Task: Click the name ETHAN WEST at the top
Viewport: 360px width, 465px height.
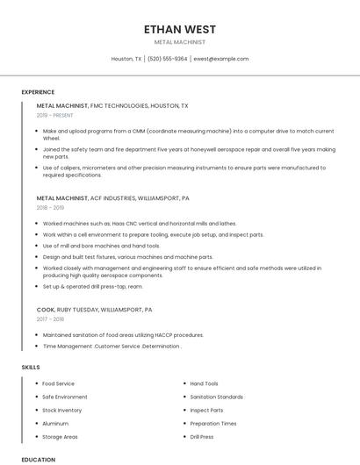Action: (x=180, y=29)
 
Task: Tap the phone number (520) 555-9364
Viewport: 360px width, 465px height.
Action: (x=167, y=59)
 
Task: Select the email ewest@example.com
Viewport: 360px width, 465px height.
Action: (x=221, y=59)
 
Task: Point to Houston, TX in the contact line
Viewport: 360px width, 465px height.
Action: (x=126, y=59)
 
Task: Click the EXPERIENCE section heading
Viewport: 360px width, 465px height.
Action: (x=38, y=91)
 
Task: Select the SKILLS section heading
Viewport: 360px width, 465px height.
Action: (x=31, y=367)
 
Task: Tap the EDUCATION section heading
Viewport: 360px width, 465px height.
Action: (x=38, y=459)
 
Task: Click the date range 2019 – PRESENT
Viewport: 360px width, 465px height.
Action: (x=54, y=115)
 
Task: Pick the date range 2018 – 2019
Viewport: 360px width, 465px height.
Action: (x=51, y=208)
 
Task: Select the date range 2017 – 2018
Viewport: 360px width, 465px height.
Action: (x=51, y=319)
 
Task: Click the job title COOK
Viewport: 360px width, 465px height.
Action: (x=46, y=310)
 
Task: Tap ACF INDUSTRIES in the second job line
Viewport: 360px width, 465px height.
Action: (x=120, y=198)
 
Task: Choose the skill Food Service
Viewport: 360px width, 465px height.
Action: (x=58, y=383)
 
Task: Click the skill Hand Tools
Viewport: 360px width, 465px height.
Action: (x=204, y=383)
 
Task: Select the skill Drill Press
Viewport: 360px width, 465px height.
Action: (x=201, y=436)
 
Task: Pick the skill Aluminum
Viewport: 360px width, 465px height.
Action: (x=55, y=423)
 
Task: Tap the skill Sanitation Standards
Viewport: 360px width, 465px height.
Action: (x=216, y=397)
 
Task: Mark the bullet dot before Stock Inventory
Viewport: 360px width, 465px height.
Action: (x=36, y=410)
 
